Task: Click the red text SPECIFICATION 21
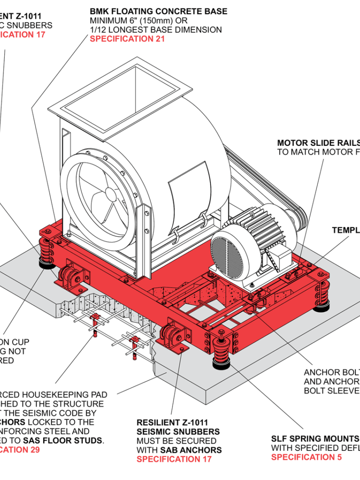pos(127,39)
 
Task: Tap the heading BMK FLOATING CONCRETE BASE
pos(158,11)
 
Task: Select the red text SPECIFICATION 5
pos(306,457)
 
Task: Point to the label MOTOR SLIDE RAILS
pos(318,143)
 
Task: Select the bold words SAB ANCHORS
pos(191,450)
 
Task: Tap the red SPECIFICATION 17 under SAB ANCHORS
pos(174,459)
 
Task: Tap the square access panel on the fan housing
pos(189,185)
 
